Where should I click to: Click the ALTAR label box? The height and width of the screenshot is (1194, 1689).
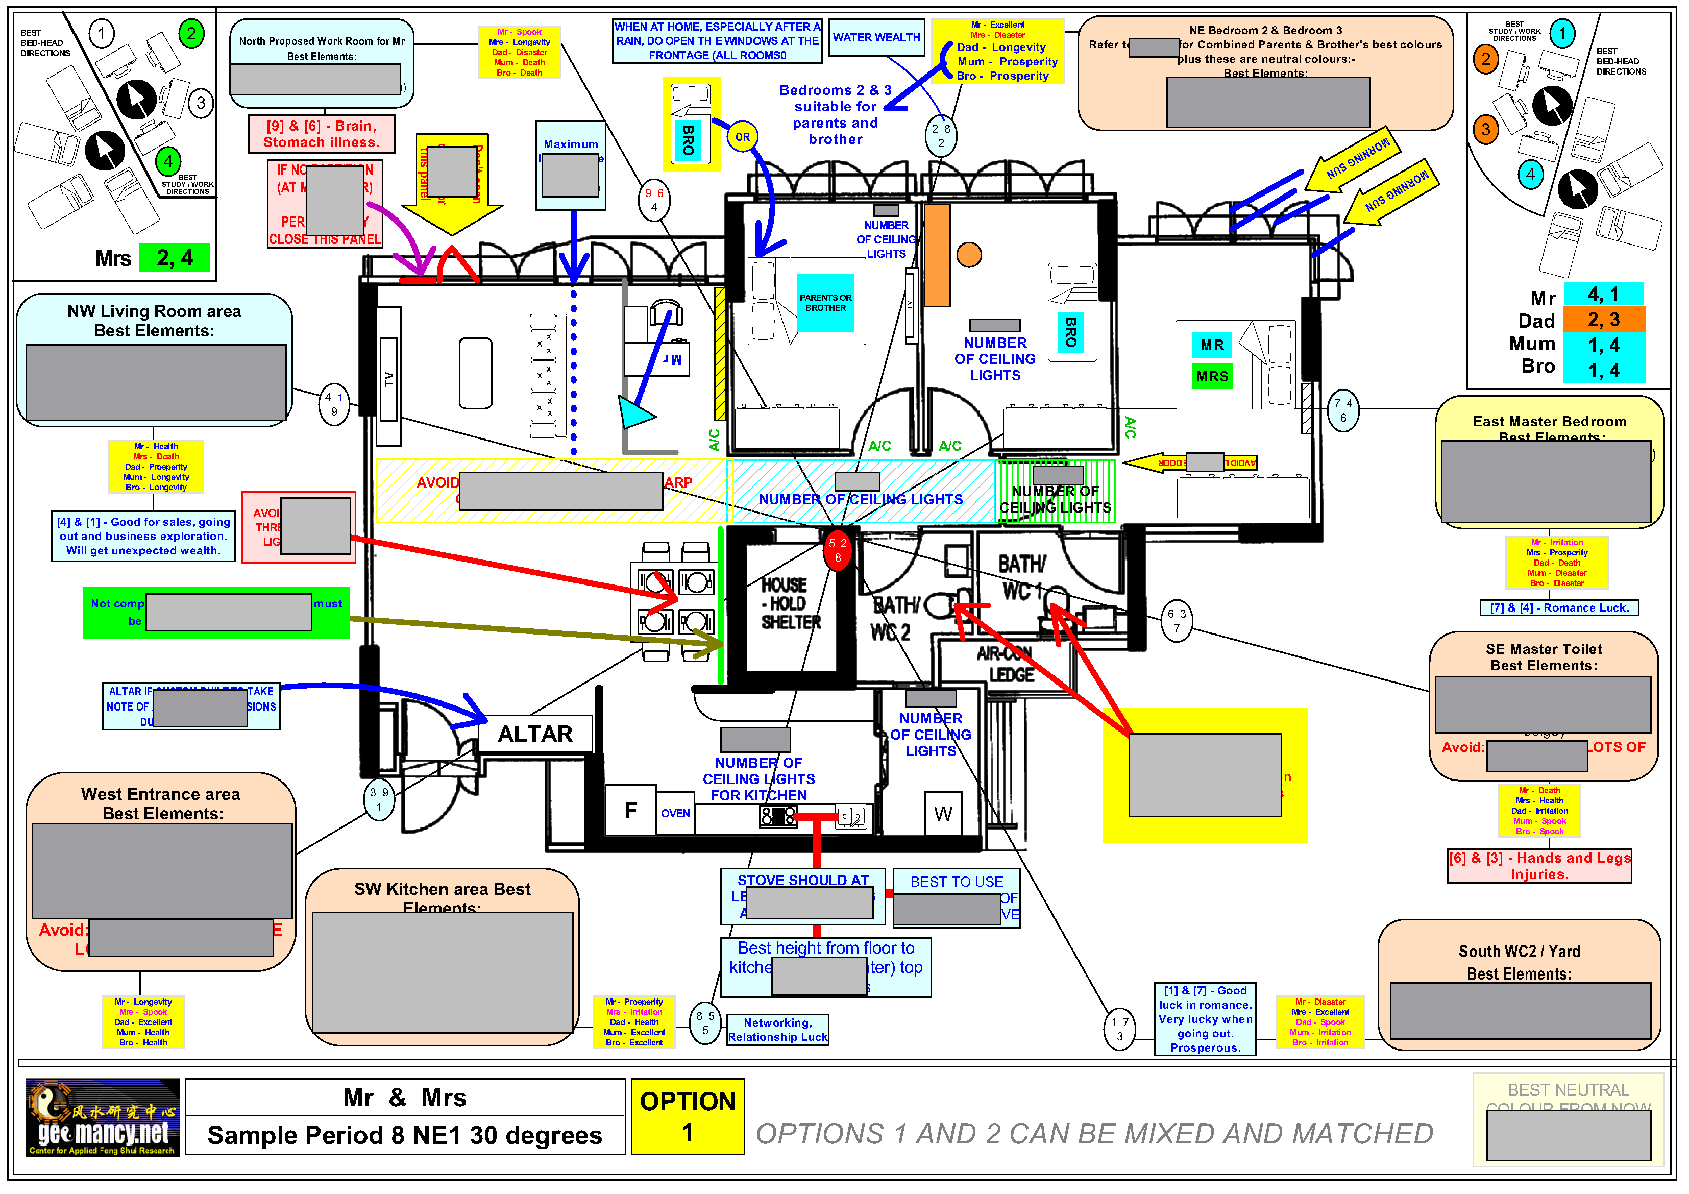(535, 734)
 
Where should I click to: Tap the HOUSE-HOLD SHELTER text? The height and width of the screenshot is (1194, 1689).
(790, 603)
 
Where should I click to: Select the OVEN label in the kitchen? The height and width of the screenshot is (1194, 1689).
(675, 813)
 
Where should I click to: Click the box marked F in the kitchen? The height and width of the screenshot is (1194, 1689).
(630, 811)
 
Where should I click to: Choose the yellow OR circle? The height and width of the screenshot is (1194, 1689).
(742, 137)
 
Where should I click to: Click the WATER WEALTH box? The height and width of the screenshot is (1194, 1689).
(875, 37)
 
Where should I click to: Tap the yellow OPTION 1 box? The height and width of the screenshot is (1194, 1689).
(687, 1116)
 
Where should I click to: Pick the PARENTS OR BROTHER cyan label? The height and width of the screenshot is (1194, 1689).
(825, 302)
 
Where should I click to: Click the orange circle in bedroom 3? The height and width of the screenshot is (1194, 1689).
(969, 255)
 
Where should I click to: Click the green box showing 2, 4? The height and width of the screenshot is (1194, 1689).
(175, 258)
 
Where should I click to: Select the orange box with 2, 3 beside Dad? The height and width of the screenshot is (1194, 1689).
(1602, 319)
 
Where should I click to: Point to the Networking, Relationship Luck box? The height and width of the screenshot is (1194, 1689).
(777, 1029)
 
